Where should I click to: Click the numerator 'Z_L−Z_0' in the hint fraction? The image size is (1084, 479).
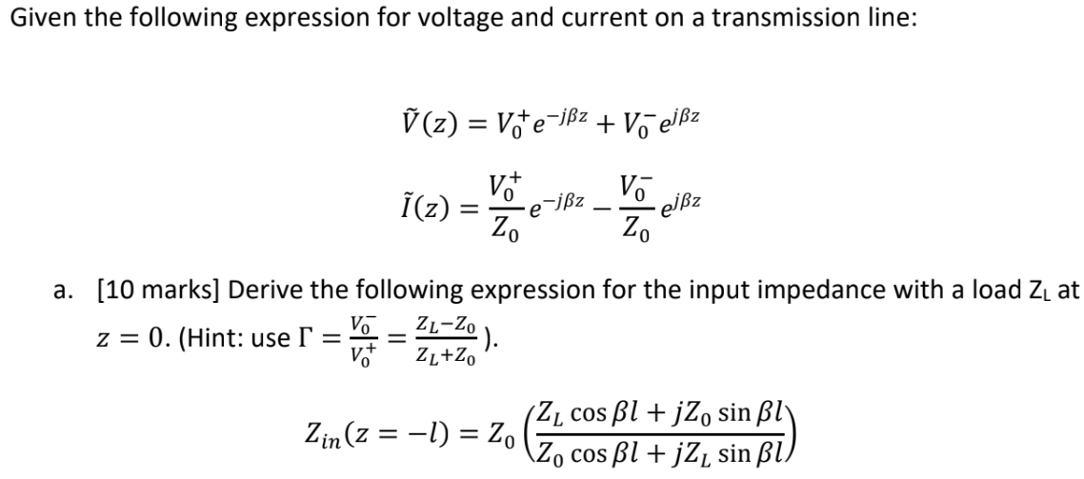(x=445, y=324)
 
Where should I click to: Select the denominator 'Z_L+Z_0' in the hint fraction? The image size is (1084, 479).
(x=445, y=356)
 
